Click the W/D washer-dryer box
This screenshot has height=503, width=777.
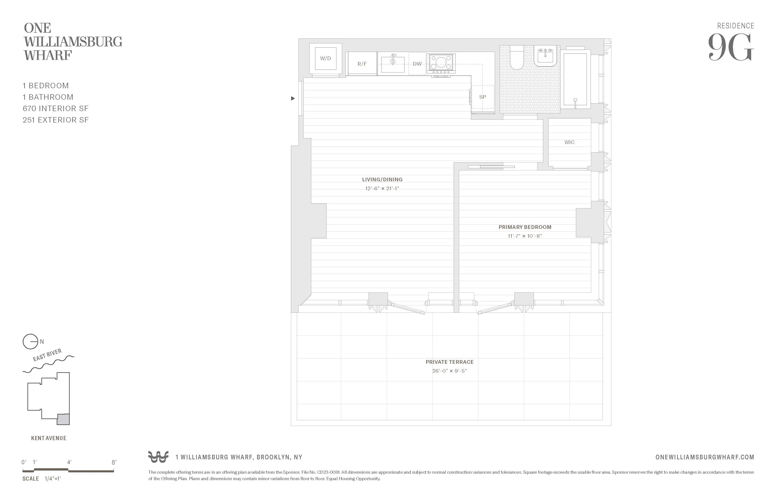[x=325, y=59]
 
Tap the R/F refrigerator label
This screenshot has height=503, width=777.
[x=362, y=64]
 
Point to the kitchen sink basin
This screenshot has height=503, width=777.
[x=393, y=64]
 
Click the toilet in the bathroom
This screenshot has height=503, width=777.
[x=516, y=58]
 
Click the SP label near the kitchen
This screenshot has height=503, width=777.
[x=482, y=97]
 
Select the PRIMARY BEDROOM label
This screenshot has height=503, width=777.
[x=525, y=227]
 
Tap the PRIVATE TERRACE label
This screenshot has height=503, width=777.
[x=449, y=362]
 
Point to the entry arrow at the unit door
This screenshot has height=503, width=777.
[x=293, y=98]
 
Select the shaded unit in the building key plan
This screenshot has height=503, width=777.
[x=63, y=419]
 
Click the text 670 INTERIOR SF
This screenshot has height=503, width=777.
[x=56, y=108]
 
